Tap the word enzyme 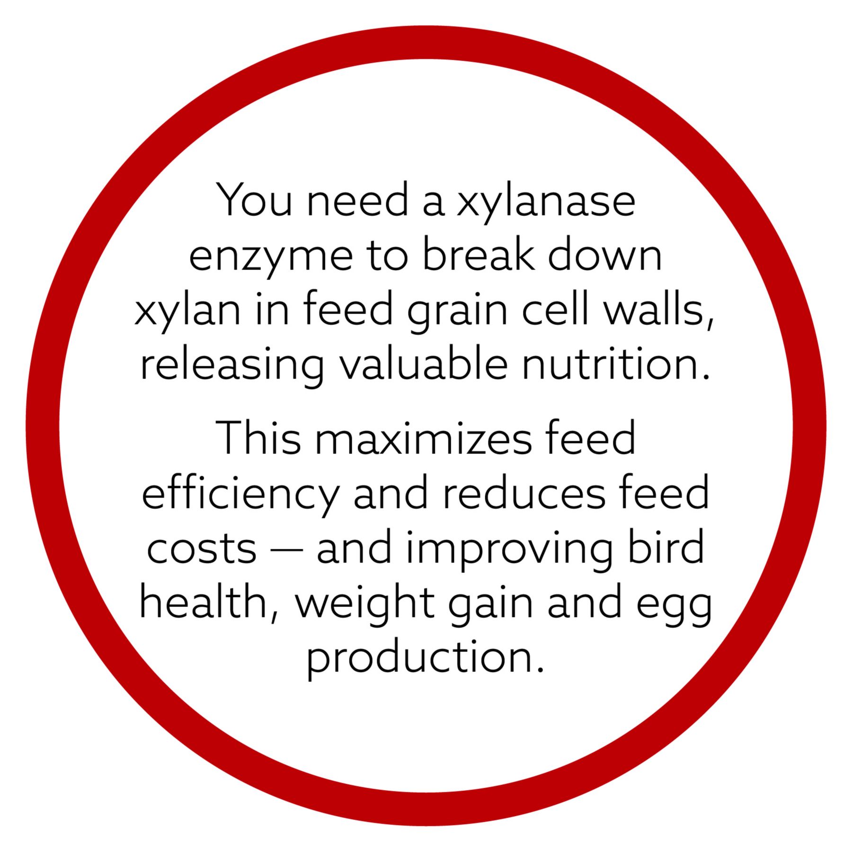tap(271, 257)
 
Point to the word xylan tap(187, 312)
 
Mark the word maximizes tap(423, 438)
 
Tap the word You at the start tap(255, 200)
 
